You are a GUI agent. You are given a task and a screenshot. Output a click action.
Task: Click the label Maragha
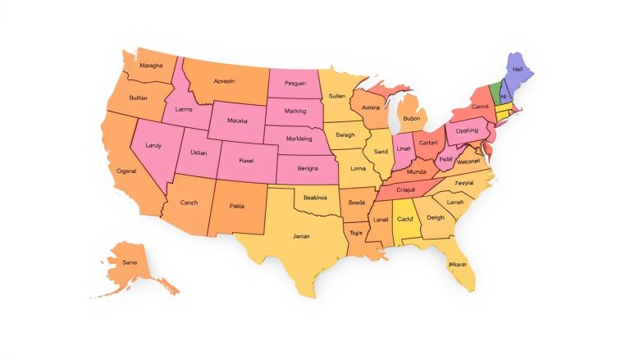point(151,65)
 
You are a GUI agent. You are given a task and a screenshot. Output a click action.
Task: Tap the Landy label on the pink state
point(153,145)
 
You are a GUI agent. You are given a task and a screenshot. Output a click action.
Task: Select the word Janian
point(301,236)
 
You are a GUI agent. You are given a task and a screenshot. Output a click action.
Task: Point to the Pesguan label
point(294,83)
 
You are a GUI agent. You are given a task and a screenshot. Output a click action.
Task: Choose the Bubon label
point(412,119)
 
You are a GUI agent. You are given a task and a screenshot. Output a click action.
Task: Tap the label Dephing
point(467,130)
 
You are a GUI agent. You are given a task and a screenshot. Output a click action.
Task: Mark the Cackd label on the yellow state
point(404,219)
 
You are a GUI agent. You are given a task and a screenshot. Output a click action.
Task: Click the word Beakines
point(315,198)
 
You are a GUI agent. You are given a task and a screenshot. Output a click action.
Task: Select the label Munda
point(416,172)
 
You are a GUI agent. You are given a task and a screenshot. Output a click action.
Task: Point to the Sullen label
point(336,96)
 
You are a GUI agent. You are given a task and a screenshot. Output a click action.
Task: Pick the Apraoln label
point(224,81)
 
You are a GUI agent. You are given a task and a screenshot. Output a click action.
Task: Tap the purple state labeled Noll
point(518,69)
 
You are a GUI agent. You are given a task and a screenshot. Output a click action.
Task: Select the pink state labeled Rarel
point(246,161)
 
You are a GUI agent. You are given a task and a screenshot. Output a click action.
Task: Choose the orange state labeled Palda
point(237,206)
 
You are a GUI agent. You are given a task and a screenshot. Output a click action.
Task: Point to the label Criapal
point(406,189)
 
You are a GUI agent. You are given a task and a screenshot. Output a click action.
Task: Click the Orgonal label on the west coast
point(126,171)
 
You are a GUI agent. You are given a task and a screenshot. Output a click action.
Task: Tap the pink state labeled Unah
point(403,148)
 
